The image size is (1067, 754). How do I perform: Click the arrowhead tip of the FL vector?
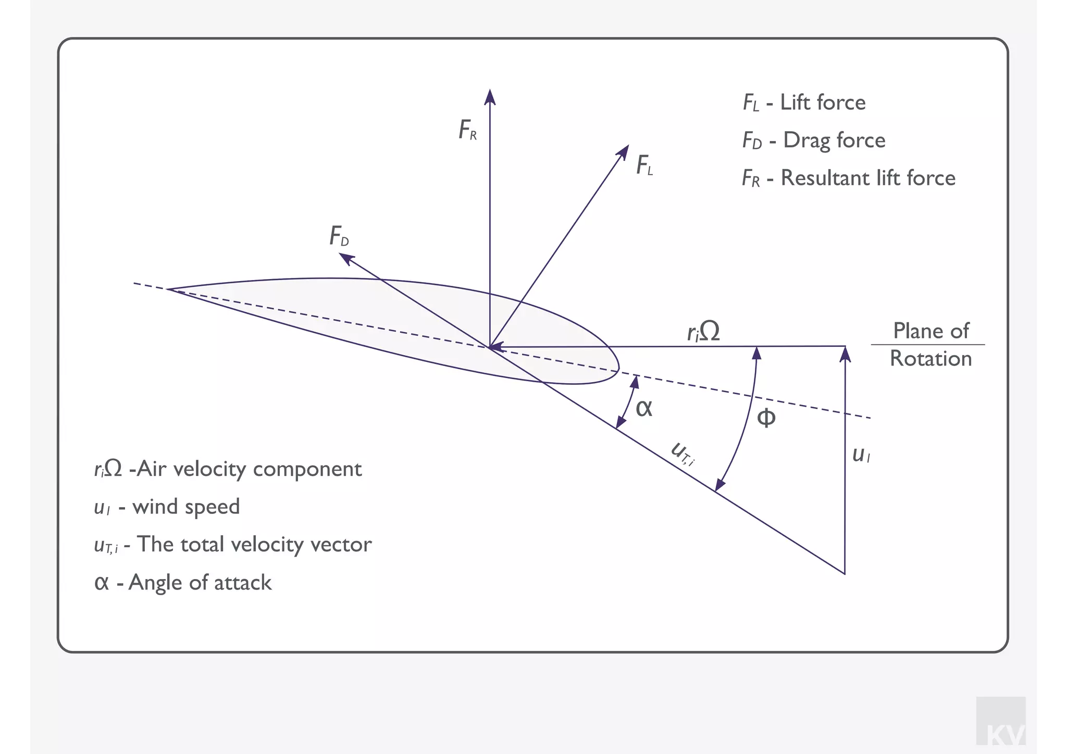point(628,146)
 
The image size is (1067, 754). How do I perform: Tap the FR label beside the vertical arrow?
point(467,130)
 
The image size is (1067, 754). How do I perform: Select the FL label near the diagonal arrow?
point(644,166)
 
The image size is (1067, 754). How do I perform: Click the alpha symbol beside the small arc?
point(644,408)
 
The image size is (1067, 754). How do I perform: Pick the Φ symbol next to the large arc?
point(766,418)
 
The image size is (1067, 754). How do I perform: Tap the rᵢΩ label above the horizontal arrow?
point(703,331)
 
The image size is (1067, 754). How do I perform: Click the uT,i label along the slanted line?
point(683,453)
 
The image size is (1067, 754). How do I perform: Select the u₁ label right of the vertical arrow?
point(861,455)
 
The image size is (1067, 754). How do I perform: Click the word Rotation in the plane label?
point(930,359)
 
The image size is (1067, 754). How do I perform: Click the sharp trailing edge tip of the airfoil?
point(168,289)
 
